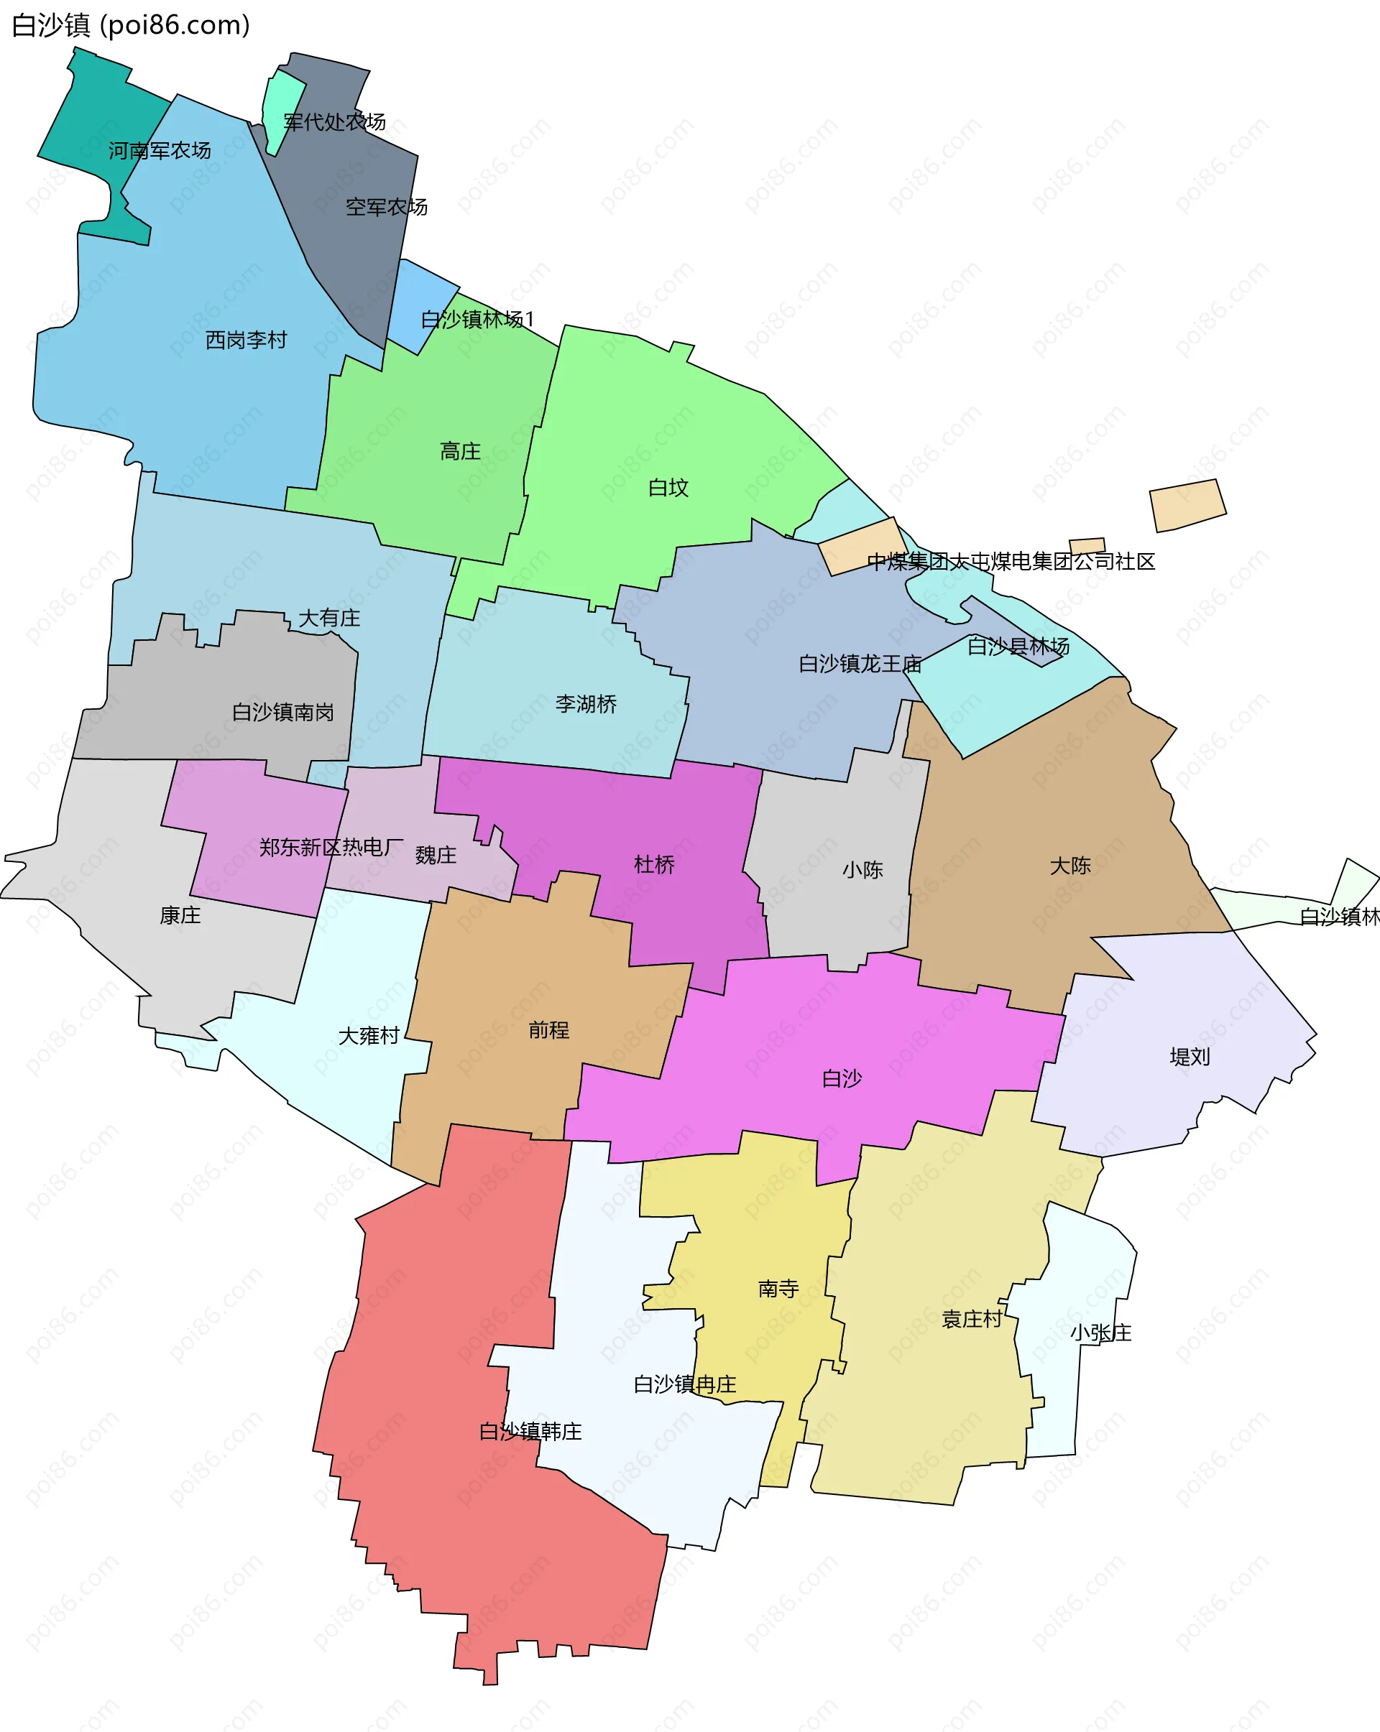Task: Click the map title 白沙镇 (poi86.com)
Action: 131,26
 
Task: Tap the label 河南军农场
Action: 160,151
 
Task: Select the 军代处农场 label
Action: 334,122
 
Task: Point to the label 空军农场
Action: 387,208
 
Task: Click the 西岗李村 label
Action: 246,341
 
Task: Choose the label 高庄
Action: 460,451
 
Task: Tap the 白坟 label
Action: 668,488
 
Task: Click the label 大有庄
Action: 329,618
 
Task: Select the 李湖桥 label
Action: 586,705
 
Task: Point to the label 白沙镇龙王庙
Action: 860,664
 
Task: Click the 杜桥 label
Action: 654,865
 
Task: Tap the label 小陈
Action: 862,870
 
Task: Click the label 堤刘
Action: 1190,1057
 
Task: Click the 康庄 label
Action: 180,916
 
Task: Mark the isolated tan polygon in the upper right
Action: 1187,504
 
